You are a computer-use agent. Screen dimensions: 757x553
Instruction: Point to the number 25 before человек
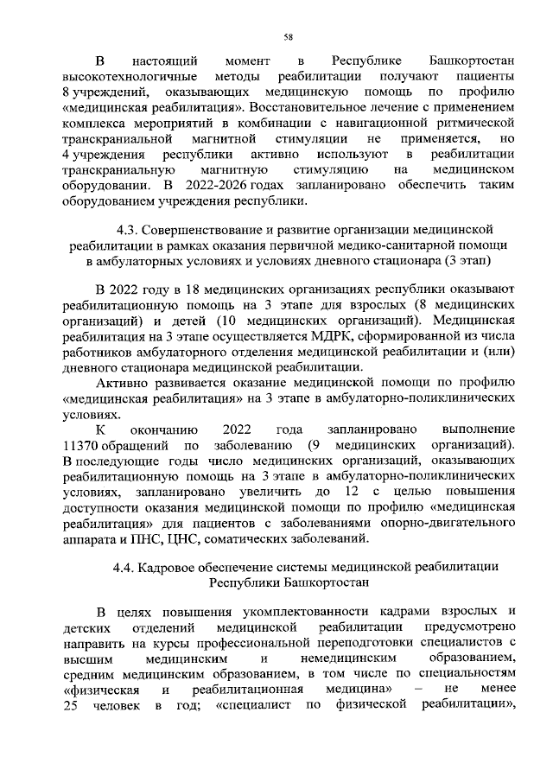point(73,706)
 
